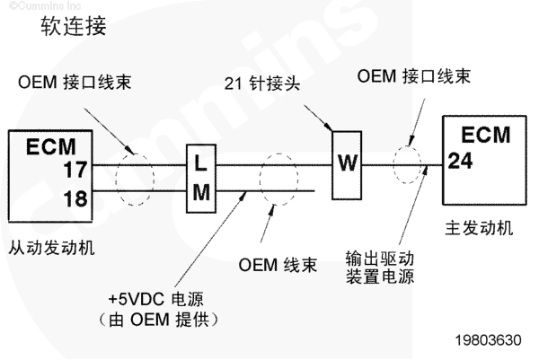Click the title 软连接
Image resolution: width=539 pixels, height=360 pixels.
click(x=74, y=27)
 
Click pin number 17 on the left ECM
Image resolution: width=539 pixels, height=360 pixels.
click(x=75, y=166)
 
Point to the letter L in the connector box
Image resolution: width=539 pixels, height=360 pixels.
click(x=199, y=163)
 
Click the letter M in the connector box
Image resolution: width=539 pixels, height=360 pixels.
click(x=199, y=191)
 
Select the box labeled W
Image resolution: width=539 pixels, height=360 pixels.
click(x=346, y=162)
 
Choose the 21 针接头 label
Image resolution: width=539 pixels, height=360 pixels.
click(x=263, y=83)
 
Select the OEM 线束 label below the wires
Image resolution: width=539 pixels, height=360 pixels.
click(x=278, y=266)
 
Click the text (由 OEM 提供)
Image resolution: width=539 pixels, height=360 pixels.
click(x=162, y=319)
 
